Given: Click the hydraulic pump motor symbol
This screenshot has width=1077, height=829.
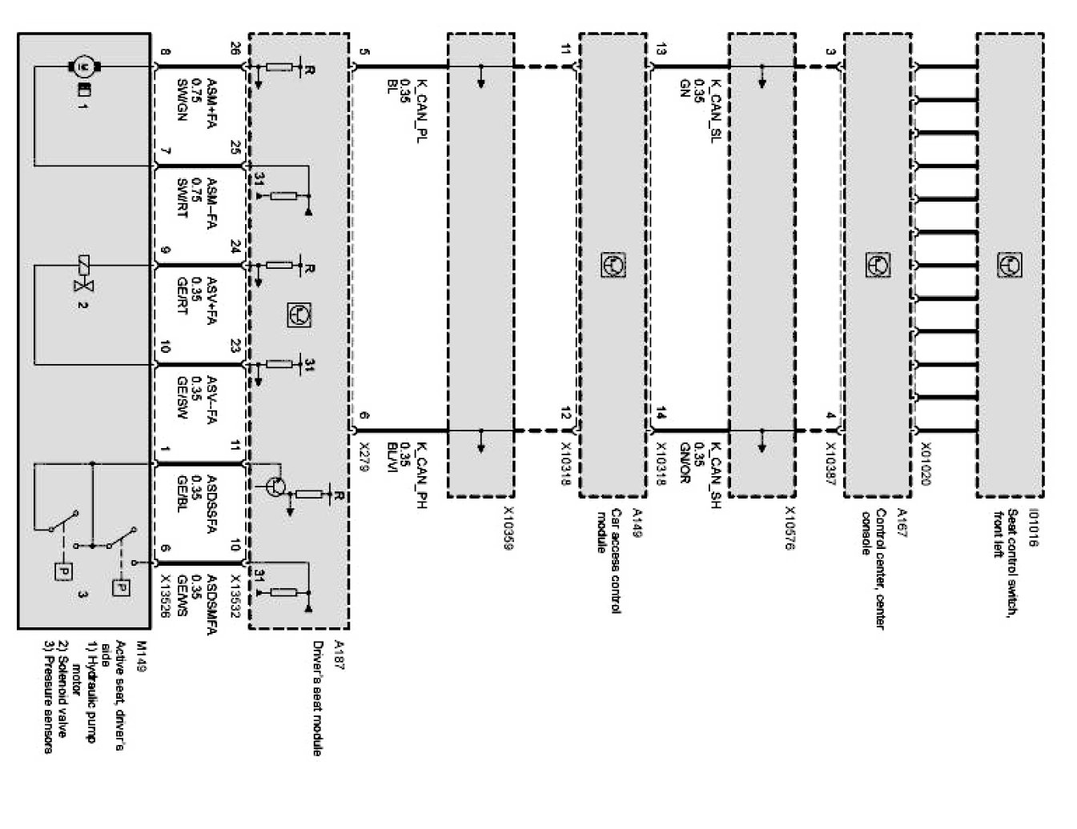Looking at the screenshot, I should pos(82,65).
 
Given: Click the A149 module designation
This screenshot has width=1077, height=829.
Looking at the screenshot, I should pos(637,516).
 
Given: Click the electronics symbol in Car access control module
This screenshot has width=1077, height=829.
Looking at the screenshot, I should pos(613,265).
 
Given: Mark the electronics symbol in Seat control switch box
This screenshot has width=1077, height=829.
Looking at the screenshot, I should pos(1009,265).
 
